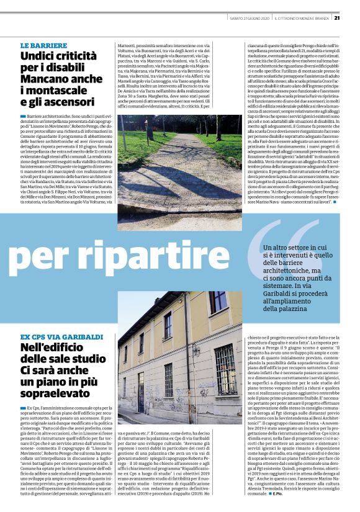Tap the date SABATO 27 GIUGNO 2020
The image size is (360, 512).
click(x=248, y=17)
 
